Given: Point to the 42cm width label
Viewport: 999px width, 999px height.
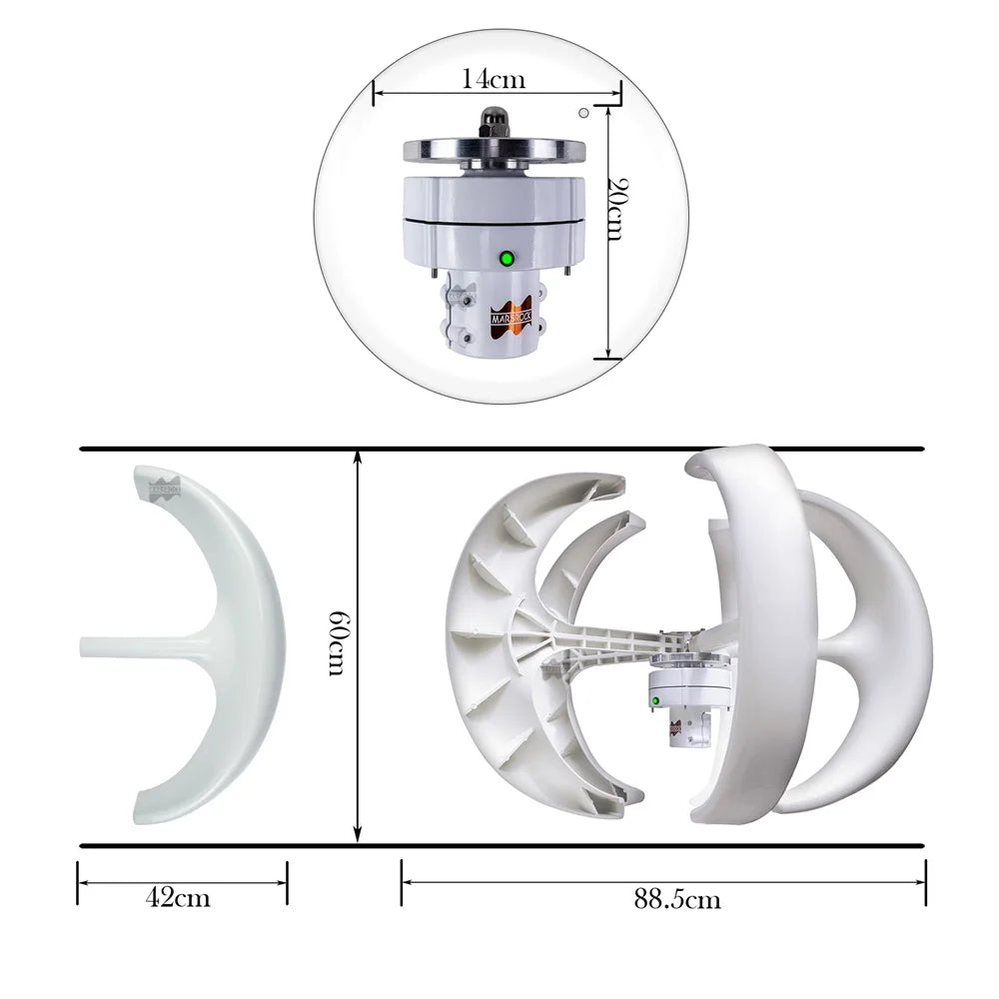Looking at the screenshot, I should (179, 897).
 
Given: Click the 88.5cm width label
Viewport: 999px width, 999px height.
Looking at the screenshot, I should (676, 899).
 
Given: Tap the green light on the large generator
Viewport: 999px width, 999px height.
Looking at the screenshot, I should (506, 259).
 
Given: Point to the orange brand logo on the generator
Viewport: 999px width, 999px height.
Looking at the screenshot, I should (515, 311).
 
